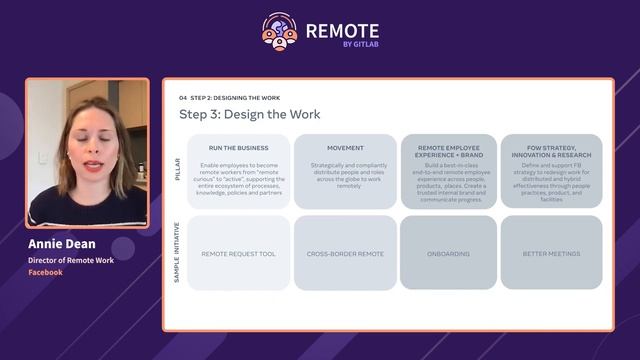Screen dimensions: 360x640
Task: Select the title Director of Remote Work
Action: [x=70, y=260]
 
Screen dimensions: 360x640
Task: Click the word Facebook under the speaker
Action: [x=45, y=272]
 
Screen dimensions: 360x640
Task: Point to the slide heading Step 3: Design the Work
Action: [x=249, y=115]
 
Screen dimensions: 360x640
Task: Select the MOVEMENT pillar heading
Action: [x=345, y=148]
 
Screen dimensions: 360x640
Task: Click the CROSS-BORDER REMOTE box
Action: [x=345, y=254]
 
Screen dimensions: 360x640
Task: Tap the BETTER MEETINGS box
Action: [x=551, y=254]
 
